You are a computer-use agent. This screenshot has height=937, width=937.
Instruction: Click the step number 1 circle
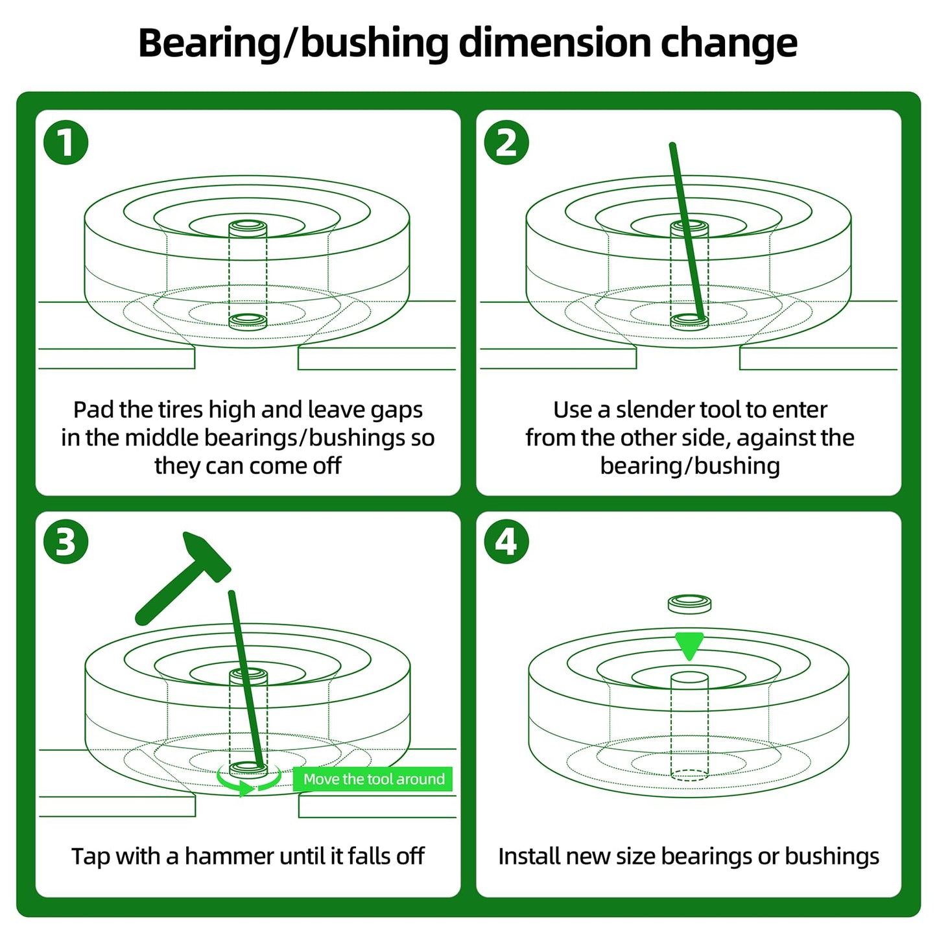pos(65,143)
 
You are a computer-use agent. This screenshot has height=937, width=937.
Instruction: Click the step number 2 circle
pos(506,143)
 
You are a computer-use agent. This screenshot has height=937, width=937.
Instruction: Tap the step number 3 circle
pos(65,542)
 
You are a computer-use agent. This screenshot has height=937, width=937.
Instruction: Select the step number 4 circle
pos(506,542)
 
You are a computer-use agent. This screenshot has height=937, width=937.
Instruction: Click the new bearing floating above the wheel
pos(689,604)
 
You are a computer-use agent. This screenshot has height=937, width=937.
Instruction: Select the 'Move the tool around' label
pos(374,779)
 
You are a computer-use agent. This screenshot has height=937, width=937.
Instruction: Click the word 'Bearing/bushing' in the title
pos(293,43)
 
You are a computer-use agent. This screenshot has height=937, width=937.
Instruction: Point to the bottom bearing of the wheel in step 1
pos(248,320)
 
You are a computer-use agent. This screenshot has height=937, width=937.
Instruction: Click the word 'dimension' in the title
pos(554,43)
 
